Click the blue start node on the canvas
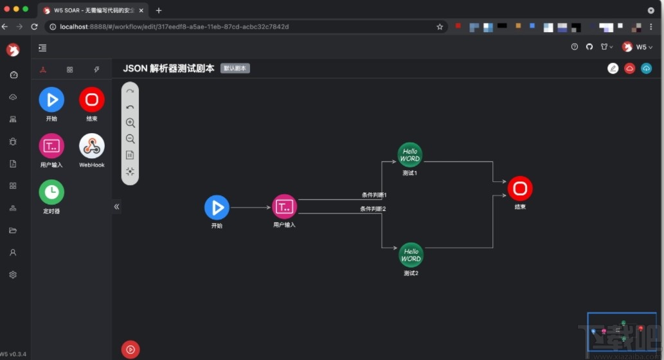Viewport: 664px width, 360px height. coord(217,208)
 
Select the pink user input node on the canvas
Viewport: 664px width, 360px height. coord(285,206)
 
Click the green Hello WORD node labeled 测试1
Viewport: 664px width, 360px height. coord(410,155)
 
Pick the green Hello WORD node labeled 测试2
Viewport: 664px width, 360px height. coord(411,255)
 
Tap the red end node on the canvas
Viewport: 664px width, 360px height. coord(520,188)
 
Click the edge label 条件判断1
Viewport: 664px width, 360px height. coord(374,194)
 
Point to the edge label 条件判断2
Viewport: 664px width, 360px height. coord(373,209)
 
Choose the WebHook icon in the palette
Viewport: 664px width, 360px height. coord(92,147)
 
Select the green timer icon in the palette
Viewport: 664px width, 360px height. coord(51,192)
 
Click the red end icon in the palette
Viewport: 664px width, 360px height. coord(92,100)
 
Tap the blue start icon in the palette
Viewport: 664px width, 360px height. coord(51,100)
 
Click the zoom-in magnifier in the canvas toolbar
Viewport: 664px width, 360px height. coord(130,123)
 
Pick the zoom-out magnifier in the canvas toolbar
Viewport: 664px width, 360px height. coord(130,139)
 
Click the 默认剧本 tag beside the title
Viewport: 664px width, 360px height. coord(235,68)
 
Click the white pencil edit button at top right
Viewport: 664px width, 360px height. coord(613,68)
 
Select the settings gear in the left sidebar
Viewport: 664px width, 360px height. coord(13,274)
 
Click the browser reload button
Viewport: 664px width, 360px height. coord(35,27)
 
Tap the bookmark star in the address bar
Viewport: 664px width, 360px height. coord(440,27)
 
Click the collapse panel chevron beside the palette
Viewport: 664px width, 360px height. coord(117,207)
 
